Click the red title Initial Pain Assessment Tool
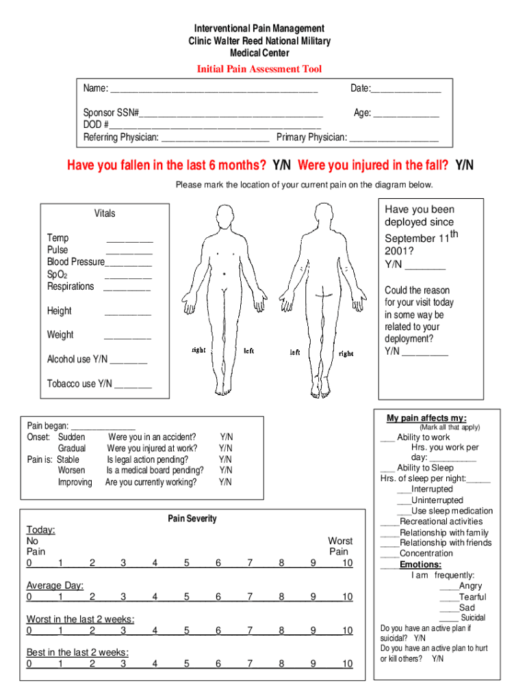(259, 69)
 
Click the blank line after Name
(214, 90)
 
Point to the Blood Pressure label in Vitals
(75, 262)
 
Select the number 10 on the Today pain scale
(347, 563)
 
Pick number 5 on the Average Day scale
(186, 597)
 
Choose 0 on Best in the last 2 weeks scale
(29, 664)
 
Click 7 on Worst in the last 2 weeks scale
(250, 630)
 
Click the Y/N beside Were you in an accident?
(226, 437)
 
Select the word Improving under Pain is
(75, 483)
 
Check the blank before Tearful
(448, 597)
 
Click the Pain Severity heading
(192, 519)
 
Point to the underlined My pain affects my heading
(426, 418)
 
